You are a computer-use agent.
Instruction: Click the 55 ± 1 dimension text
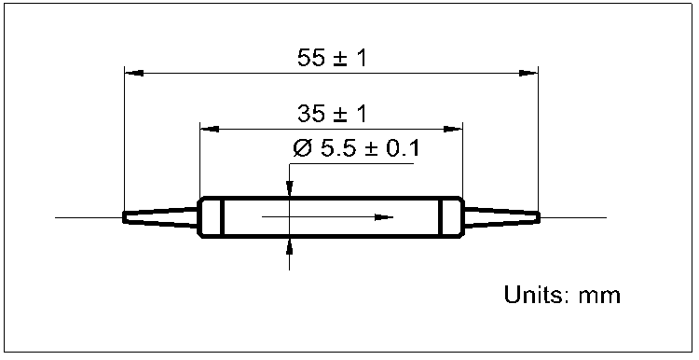pyautogui.click(x=332, y=58)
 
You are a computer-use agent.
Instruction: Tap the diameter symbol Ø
pyautogui.click(x=301, y=149)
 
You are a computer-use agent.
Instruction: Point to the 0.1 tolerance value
pyautogui.click(x=402, y=149)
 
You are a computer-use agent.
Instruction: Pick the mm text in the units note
pyautogui.click(x=600, y=297)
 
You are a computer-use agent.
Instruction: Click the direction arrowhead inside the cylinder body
pyautogui.click(x=383, y=217)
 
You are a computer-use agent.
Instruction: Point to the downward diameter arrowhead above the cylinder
pyautogui.click(x=290, y=191)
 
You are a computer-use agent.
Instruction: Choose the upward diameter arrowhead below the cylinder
pyautogui.click(x=290, y=244)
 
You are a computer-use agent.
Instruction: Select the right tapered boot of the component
pyautogui.click(x=501, y=217)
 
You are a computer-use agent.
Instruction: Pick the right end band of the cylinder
pyautogui.click(x=452, y=217)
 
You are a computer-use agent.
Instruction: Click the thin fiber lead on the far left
pyautogui.click(x=89, y=217)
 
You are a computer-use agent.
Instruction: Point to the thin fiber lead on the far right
pyautogui.click(x=573, y=217)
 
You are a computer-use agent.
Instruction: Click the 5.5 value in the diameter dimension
pyautogui.click(x=338, y=149)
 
